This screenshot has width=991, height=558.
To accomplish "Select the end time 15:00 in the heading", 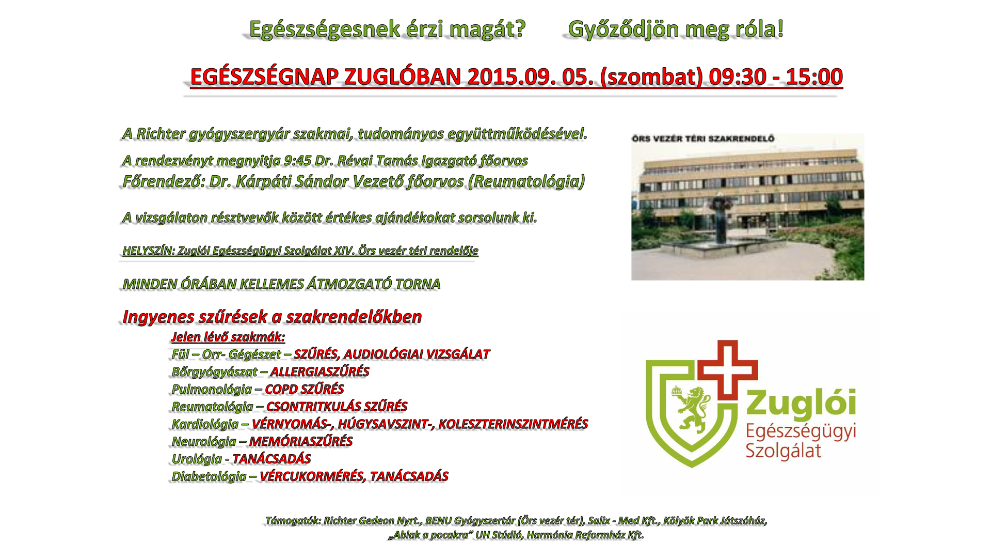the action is [814, 76].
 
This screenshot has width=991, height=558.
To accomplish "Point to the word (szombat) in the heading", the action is [652, 77].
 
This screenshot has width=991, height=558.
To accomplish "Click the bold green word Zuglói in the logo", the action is [801, 403].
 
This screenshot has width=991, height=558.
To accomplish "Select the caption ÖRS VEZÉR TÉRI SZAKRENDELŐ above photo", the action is [703, 138].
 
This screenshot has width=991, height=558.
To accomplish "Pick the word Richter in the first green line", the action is [161, 134].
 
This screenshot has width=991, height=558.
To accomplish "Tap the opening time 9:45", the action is [297, 161].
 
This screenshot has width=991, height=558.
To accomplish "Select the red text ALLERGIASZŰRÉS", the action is [319, 371].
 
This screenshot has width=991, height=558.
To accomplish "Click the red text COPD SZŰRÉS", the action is [304, 389].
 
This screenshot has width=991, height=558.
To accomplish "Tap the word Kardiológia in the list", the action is [205, 424].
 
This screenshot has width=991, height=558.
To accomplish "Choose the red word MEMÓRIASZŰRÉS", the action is [300, 441].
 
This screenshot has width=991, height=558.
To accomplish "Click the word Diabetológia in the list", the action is [209, 476].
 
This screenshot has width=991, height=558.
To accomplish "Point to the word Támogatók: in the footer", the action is [293, 521].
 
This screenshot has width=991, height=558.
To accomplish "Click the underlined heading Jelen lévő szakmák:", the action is [228, 337].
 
